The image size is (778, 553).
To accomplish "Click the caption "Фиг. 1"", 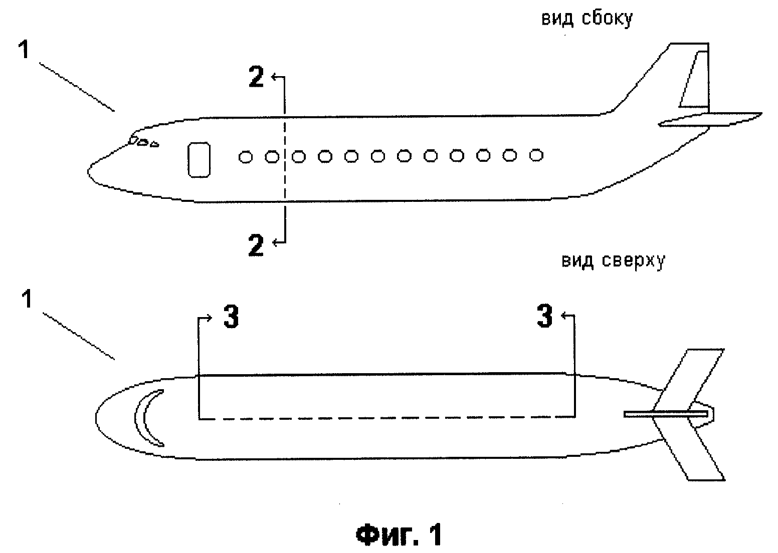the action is click(400, 534).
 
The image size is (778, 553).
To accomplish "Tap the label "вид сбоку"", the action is click(587, 18).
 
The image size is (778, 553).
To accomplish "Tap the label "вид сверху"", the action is click(614, 260).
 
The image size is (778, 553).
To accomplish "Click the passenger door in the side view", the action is click(199, 160).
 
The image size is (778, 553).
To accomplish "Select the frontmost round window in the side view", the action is click(246, 157).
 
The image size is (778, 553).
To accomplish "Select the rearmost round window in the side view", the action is click(536, 155).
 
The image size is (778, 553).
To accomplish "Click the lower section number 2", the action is click(256, 245).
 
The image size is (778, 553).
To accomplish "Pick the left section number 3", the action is click(231, 316).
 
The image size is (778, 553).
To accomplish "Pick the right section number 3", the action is click(544, 316).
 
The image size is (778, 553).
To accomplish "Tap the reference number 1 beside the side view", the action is click(24, 49).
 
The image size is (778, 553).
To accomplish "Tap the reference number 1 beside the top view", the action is click(27, 299).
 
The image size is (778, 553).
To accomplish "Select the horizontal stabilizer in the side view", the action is click(710, 119).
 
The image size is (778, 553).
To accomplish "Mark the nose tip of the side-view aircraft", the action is click(88, 171).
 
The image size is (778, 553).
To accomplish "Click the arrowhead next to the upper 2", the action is click(274, 77).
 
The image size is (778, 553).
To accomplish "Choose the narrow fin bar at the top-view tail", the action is click(666, 414).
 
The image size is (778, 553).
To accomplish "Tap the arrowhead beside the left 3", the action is click(209, 318).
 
